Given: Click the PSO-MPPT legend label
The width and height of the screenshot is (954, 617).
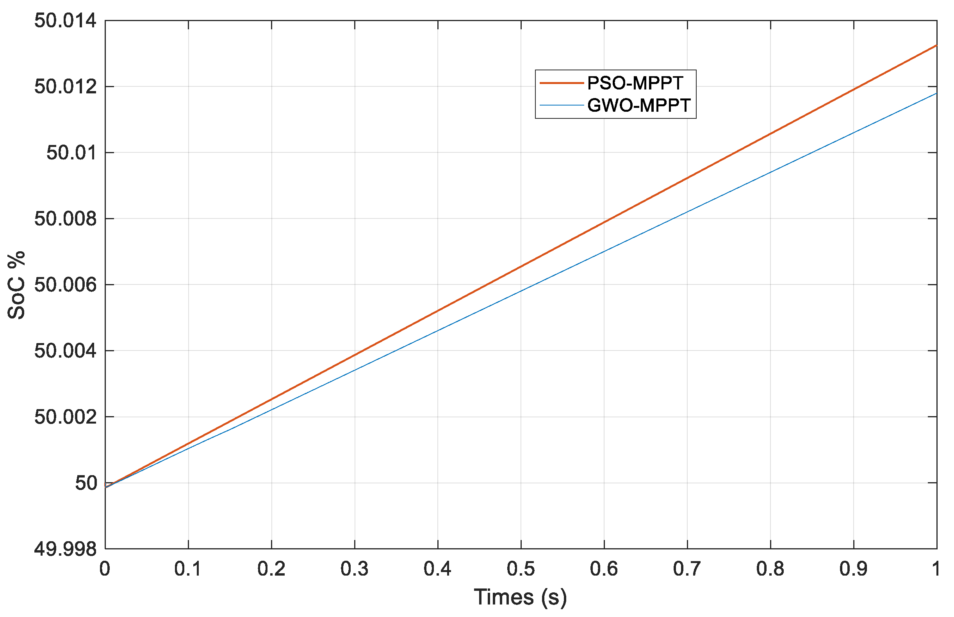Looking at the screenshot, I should tap(635, 83).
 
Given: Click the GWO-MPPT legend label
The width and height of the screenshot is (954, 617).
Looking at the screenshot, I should tap(638, 106).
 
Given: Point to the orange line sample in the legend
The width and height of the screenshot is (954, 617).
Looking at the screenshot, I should tap(561, 83).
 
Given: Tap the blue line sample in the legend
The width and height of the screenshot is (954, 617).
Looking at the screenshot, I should tap(561, 106).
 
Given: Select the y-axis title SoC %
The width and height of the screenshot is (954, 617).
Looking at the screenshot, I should tap(17, 285).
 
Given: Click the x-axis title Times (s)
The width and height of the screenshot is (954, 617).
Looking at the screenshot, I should tap(521, 597).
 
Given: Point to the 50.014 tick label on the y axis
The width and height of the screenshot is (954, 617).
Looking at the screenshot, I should tap(65, 21).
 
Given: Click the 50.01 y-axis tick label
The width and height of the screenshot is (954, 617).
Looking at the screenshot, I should tap(71, 153).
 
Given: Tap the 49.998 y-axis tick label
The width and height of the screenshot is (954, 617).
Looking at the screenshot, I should tap(65, 549).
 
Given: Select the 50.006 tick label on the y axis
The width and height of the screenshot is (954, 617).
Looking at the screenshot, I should tap(65, 285).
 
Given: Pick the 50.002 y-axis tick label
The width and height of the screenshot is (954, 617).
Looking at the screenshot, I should tap(65, 417).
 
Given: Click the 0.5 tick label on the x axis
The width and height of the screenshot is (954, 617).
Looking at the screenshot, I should tap(521, 569).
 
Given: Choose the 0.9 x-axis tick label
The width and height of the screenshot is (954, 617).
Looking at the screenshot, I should tap(853, 569).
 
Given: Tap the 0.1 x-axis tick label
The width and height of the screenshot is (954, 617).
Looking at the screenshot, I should tap(188, 569).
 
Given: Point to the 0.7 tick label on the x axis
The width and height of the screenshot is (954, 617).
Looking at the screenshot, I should tap(687, 569).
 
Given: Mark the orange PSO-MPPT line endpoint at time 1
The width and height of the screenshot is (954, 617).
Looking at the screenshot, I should tap(936, 46).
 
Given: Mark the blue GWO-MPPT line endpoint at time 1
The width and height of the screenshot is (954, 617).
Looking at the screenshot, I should tap(936, 93).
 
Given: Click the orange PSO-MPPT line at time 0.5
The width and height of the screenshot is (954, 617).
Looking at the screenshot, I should tap(521, 267).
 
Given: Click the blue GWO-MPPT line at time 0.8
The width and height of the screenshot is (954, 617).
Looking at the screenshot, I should tap(770, 173).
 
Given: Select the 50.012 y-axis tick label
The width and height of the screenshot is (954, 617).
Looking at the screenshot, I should tap(65, 86).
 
